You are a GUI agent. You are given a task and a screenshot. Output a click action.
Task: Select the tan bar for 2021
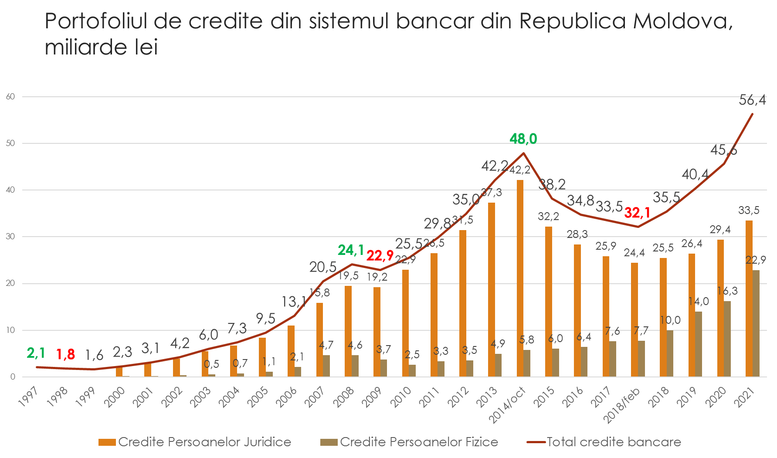pyautogui.click(x=756, y=323)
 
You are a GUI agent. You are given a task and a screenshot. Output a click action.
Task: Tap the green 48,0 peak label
pyautogui.click(x=523, y=139)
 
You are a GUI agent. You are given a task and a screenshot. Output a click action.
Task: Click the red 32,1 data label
pyautogui.click(x=637, y=213)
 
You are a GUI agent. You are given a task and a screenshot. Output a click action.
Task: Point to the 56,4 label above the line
pyautogui.click(x=752, y=100)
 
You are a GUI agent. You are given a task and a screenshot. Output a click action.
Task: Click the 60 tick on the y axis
pyautogui.click(x=10, y=97)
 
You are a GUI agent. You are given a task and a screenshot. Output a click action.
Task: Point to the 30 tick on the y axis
pyautogui.click(x=10, y=237)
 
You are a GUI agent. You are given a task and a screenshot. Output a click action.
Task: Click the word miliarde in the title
pyautogui.click(x=83, y=47)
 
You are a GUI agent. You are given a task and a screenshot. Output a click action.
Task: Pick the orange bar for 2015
pyautogui.click(x=549, y=302)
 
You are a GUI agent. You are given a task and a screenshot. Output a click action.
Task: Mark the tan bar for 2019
pyautogui.click(x=699, y=344)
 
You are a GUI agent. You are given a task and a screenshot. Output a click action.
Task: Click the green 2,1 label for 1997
pyautogui.click(x=36, y=353)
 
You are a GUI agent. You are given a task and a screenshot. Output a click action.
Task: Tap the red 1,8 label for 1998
pyautogui.click(x=65, y=355)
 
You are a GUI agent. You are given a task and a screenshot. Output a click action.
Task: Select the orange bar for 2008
pyautogui.click(x=348, y=331)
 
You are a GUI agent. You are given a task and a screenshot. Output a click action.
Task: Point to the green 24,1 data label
pyautogui.click(x=351, y=250)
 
